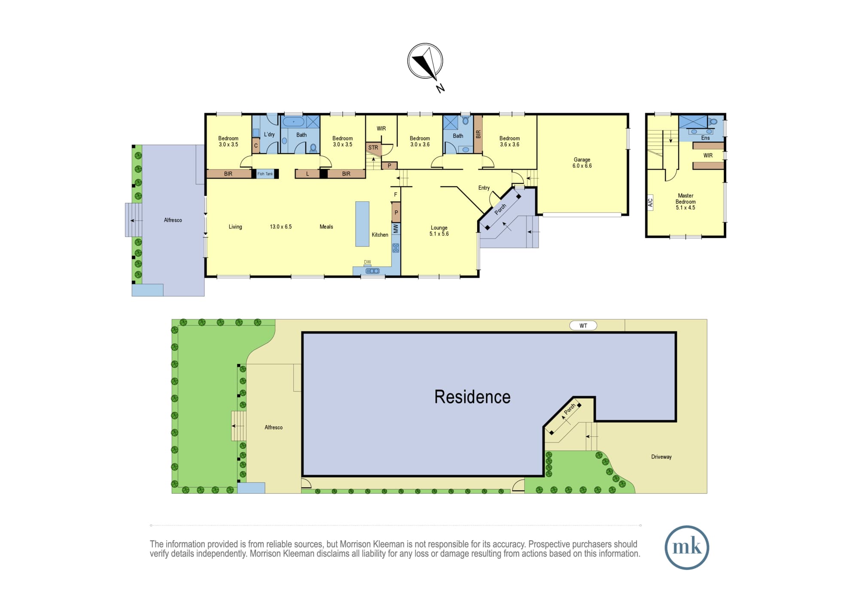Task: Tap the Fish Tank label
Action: coord(265,174)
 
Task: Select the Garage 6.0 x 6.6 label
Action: coord(582,163)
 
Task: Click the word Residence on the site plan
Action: coord(472,397)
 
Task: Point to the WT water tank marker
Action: coord(583,326)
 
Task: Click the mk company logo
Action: coord(687,547)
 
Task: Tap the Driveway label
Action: coord(661,457)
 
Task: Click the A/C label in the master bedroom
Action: coord(650,202)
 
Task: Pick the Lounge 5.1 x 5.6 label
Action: coord(439,231)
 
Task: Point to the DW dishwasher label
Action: coord(367,262)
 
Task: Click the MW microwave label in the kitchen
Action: coord(396,228)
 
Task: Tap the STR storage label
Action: coord(373,148)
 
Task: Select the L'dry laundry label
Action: coord(269,134)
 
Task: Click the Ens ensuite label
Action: coord(705,138)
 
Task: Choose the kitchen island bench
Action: coord(362,224)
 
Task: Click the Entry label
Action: coord(484,188)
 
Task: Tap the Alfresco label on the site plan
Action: coord(274,427)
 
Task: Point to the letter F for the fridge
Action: coord(396,195)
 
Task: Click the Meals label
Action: coord(326,227)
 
